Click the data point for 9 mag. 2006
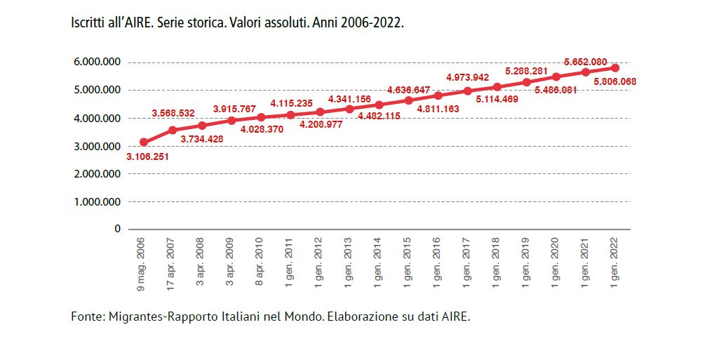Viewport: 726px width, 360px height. pos(144,142)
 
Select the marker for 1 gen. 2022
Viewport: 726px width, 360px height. pos(614,67)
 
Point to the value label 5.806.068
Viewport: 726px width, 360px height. pos(614,82)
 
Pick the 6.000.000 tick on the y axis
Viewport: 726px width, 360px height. pos(97,62)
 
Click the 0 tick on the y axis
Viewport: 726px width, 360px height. pos(117,229)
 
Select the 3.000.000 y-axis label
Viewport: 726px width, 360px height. pos(97,146)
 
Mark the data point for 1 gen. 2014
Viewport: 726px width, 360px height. pos(379,105)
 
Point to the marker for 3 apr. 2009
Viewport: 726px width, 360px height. pos(231,121)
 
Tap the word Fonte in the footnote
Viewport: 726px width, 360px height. pos(86,316)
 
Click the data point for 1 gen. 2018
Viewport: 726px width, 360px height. pos(497,87)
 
